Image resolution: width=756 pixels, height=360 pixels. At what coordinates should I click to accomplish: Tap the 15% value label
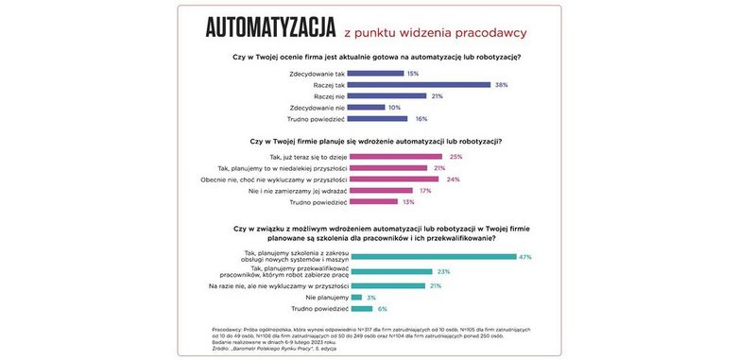[x=412, y=73]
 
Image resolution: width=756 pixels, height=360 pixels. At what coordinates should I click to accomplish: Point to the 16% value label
[x=421, y=119]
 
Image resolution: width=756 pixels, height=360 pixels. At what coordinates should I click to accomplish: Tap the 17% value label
[x=424, y=190]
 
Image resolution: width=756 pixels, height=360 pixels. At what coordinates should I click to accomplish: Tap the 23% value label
[x=443, y=271]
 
